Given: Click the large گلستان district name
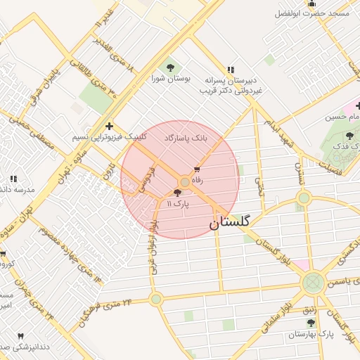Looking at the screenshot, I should coord(233,224).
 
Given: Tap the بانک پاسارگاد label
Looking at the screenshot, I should coord(186,139).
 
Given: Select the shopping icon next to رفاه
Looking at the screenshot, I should coord(197,169).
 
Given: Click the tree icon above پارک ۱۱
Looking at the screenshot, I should coord(176,193).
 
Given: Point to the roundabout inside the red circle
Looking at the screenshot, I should coord(184,182).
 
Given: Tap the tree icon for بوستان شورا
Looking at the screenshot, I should coord(169,67).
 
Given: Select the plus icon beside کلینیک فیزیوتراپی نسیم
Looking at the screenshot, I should coord(108,126).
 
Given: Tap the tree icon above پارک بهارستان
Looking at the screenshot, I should coord(311,323).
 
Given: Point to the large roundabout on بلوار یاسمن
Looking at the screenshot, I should coord(312,283).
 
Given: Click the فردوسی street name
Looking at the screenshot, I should coord(146,180).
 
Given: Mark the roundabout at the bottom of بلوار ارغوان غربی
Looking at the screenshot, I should coord(156,299).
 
